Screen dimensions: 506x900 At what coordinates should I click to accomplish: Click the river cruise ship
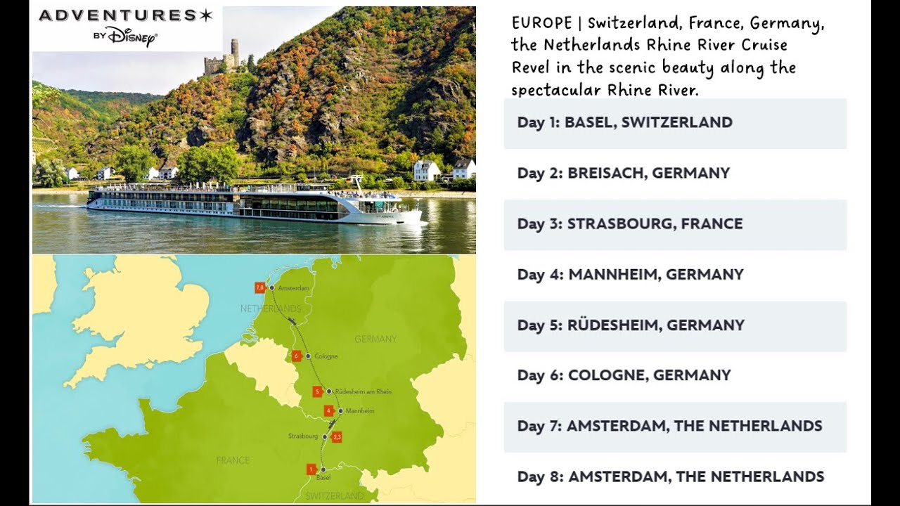coord(253,203)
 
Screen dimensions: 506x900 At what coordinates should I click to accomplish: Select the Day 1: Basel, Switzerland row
coord(675,123)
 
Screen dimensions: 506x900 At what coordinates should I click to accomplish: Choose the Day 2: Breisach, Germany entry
coord(675,174)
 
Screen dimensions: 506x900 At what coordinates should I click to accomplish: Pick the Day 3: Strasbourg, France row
coord(675,224)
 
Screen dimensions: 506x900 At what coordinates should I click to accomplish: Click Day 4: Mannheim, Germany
coord(675,275)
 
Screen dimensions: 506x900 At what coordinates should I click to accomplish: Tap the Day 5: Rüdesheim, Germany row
coord(675,325)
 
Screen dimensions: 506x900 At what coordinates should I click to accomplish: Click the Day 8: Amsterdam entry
coord(675,477)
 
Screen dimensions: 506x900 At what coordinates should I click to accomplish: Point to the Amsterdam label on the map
coord(293,289)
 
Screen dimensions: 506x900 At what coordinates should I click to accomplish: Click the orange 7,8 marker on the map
coord(259,287)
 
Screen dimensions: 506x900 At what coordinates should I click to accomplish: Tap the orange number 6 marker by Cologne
coord(297,356)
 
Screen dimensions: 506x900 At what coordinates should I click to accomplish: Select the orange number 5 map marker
coord(318,391)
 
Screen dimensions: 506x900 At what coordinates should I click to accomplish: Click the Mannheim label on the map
coord(360,411)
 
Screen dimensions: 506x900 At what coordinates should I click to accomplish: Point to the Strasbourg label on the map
coord(303,436)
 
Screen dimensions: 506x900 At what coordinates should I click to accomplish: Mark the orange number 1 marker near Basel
coord(311,469)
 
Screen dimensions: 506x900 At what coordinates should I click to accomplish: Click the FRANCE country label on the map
coord(233,460)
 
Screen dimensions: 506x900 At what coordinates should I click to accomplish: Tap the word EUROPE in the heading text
coord(541,23)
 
